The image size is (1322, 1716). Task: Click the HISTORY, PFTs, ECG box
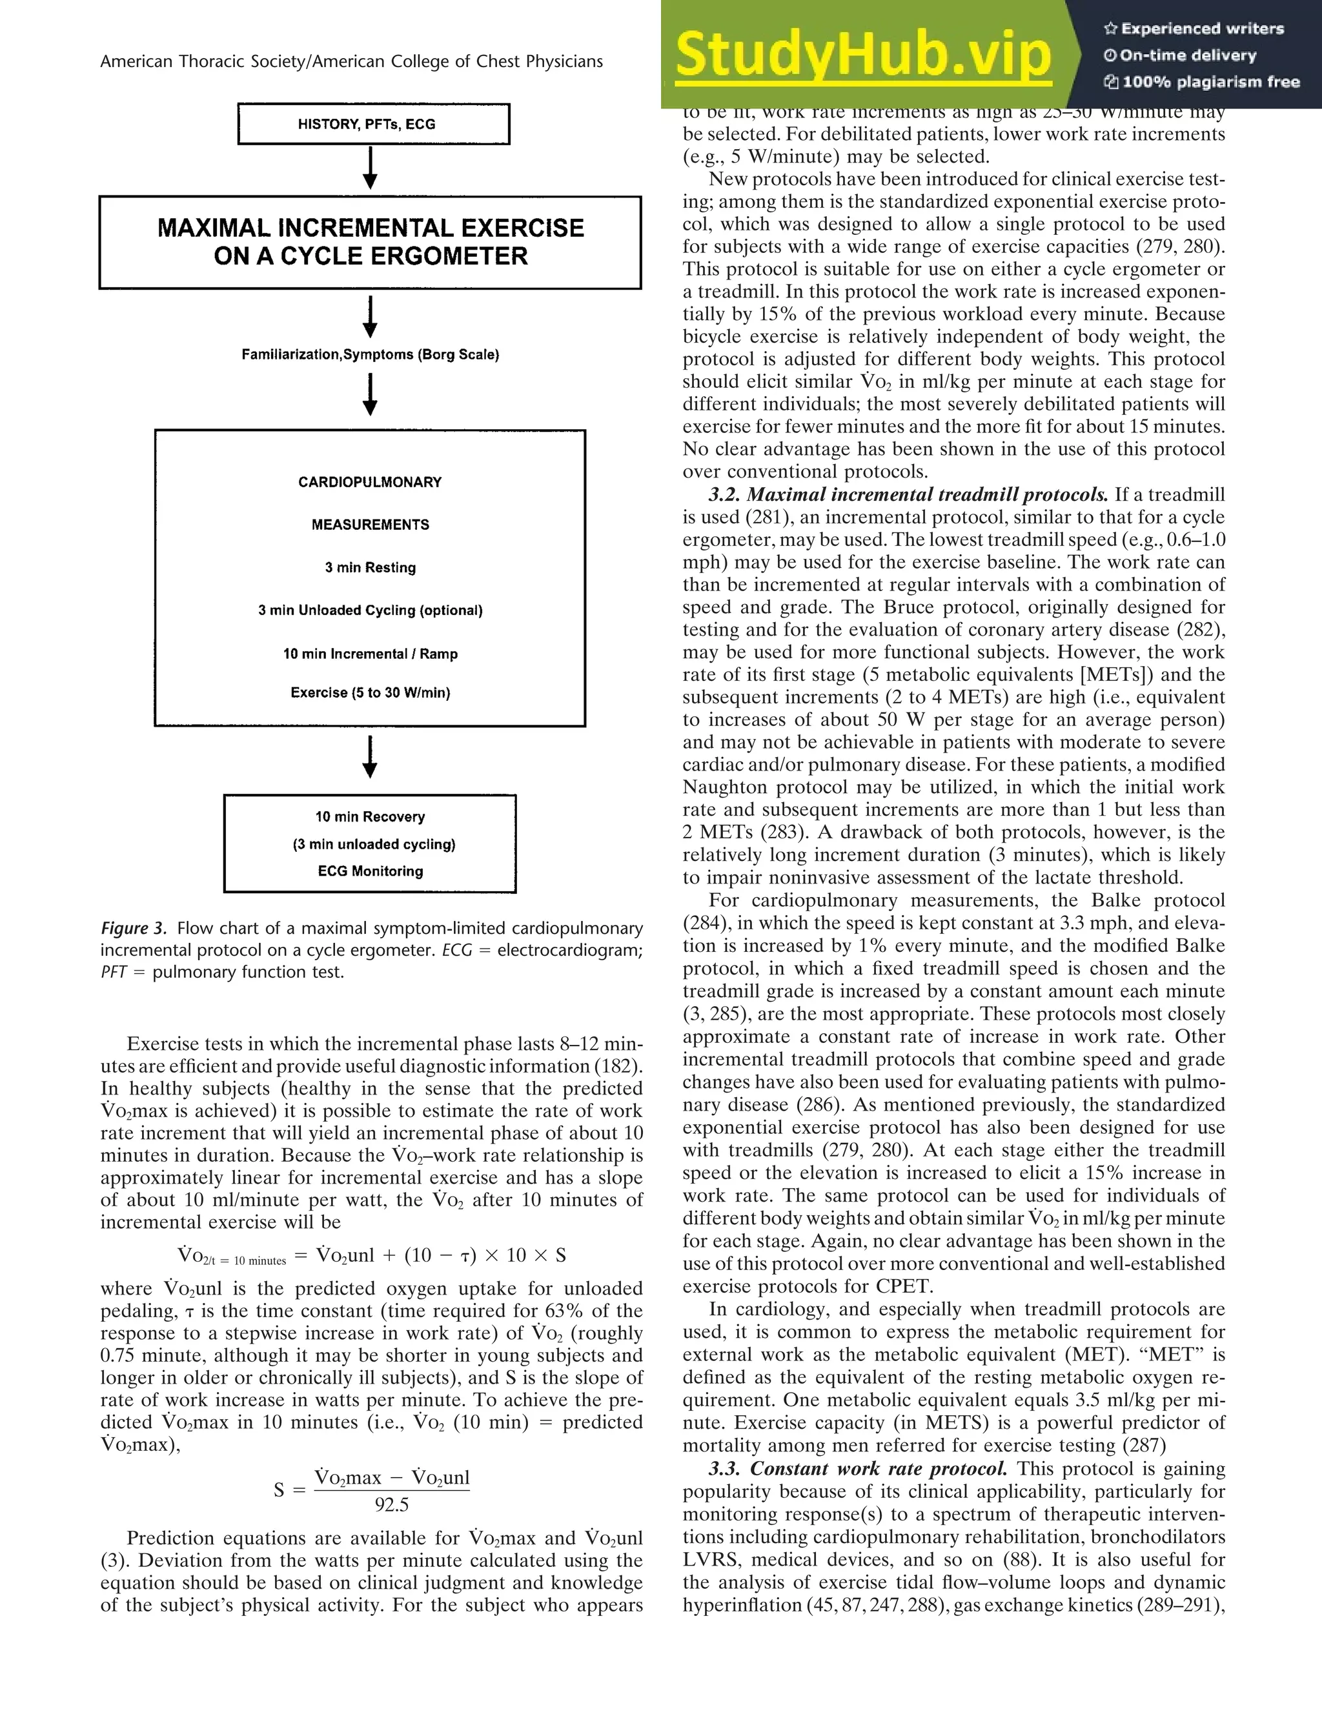pyautogui.click(x=373, y=124)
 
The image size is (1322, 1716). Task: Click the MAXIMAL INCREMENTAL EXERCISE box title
pyautogui.click(x=370, y=241)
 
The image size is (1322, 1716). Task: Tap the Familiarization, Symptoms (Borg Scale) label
pyautogui.click(x=370, y=354)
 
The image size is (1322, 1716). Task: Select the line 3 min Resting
pyautogui.click(x=370, y=567)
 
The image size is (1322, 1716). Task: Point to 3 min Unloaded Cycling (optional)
pyautogui.click(x=370, y=611)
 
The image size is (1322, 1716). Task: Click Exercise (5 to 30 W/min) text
pyautogui.click(x=370, y=692)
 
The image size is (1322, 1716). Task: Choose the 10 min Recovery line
pyautogui.click(x=370, y=816)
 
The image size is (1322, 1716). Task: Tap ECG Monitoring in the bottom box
pyautogui.click(x=370, y=871)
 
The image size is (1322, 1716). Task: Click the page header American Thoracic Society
pyautogui.click(x=351, y=62)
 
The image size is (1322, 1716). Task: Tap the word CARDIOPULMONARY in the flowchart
pyautogui.click(x=370, y=481)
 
